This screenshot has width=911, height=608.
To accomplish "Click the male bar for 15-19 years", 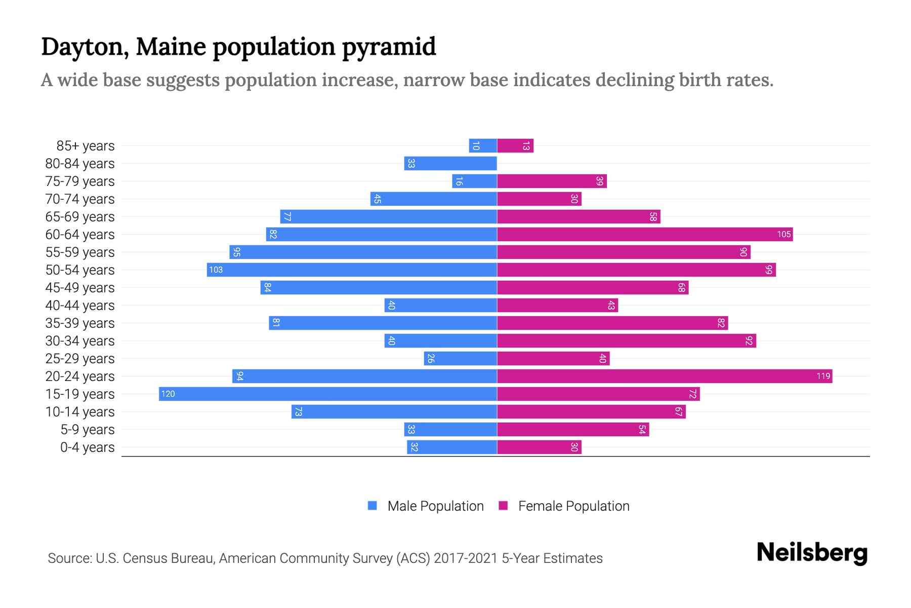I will (x=328, y=394).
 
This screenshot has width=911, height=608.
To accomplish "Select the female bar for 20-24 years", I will (x=665, y=376).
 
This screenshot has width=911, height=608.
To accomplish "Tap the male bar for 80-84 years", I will (x=450, y=163).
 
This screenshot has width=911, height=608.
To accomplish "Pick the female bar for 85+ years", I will (x=515, y=145).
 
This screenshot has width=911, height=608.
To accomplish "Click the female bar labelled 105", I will (x=645, y=234).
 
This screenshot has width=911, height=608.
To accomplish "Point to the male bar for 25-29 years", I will (x=461, y=358).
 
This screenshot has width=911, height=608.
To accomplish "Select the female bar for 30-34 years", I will (x=627, y=340).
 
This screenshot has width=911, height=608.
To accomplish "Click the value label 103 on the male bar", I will (x=216, y=270).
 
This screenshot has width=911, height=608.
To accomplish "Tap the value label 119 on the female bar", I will (x=823, y=376).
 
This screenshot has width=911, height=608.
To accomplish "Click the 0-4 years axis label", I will (x=87, y=447).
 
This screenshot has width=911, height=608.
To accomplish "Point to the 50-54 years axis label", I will (x=80, y=270).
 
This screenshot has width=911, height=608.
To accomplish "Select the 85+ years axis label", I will (x=86, y=146).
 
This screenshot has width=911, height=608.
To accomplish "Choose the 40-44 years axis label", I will (x=80, y=306).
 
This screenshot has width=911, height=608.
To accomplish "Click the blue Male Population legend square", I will (x=372, y=506).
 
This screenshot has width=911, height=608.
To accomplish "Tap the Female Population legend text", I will (x=573, y=506).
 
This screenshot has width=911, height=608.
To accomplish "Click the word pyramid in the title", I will (x=388, y=47).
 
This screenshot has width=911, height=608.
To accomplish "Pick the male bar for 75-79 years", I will (x=474, y=181).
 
